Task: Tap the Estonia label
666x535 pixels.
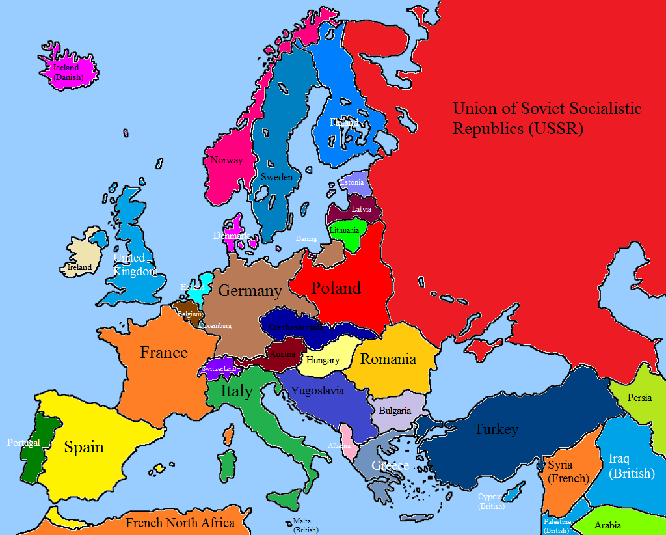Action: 352,182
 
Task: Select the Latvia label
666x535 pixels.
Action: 362,209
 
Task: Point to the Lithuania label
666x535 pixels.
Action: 344,230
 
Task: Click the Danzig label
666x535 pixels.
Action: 306,239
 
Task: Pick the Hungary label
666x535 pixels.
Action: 323,360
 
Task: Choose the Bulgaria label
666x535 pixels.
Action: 395,411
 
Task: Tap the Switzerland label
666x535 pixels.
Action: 219,368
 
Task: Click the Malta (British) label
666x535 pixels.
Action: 304,525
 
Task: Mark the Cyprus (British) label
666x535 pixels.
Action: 490,501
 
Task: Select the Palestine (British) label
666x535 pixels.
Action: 557,526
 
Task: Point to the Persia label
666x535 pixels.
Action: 640,398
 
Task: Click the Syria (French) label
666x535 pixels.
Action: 568,472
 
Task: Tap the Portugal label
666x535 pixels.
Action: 23,443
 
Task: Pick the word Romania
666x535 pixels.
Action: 388,359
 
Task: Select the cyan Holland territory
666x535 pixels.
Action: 206,282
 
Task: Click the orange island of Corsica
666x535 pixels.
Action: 228,434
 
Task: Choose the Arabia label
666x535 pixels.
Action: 607,525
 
